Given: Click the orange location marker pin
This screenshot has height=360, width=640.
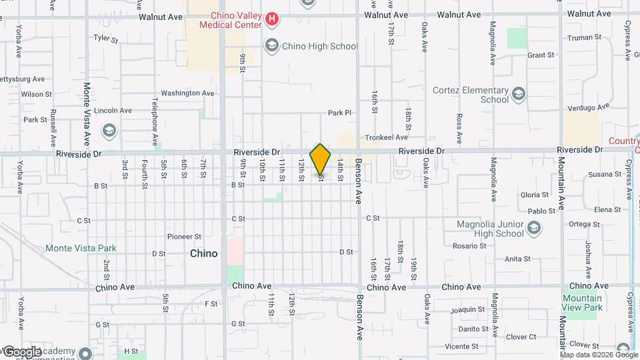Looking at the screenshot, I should coord(321,159).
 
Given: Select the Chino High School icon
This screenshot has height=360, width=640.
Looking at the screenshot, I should coord(271,46).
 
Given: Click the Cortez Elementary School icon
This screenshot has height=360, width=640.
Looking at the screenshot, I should coord(518,95).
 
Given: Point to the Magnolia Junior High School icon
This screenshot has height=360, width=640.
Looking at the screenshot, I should coord(533,229).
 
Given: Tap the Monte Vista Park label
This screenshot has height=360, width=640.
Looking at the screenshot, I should coord(81,248).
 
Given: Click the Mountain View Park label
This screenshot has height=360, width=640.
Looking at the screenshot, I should coord(582,303).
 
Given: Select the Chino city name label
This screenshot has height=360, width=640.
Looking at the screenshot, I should coord(203,253).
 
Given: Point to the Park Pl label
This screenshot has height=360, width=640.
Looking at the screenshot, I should coord(339,113).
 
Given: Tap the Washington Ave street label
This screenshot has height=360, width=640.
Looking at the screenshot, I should coord(181,93).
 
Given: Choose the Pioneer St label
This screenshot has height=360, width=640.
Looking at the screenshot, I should coord(184,237).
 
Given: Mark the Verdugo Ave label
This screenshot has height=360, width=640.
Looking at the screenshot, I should coord(589,107).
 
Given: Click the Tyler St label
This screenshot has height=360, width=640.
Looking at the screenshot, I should coord(106,39).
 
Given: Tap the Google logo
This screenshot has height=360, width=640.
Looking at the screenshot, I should coord(21,351).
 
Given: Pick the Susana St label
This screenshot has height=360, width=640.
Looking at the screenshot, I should coord(605,175).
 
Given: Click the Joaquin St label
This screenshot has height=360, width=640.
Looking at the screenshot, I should coord(467,309).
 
